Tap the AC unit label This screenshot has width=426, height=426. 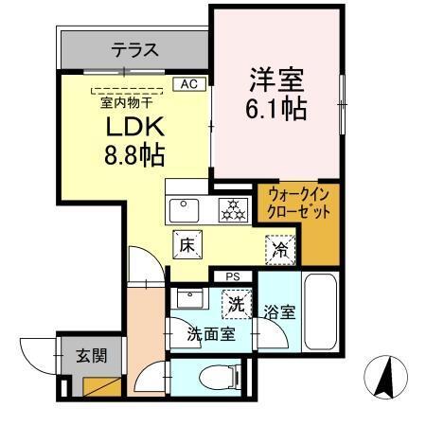(x=187, y=85)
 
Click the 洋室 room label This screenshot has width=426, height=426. (x=275, y=76)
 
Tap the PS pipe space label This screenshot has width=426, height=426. (x=233, y=276)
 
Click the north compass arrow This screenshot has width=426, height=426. (x=386, y=378)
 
